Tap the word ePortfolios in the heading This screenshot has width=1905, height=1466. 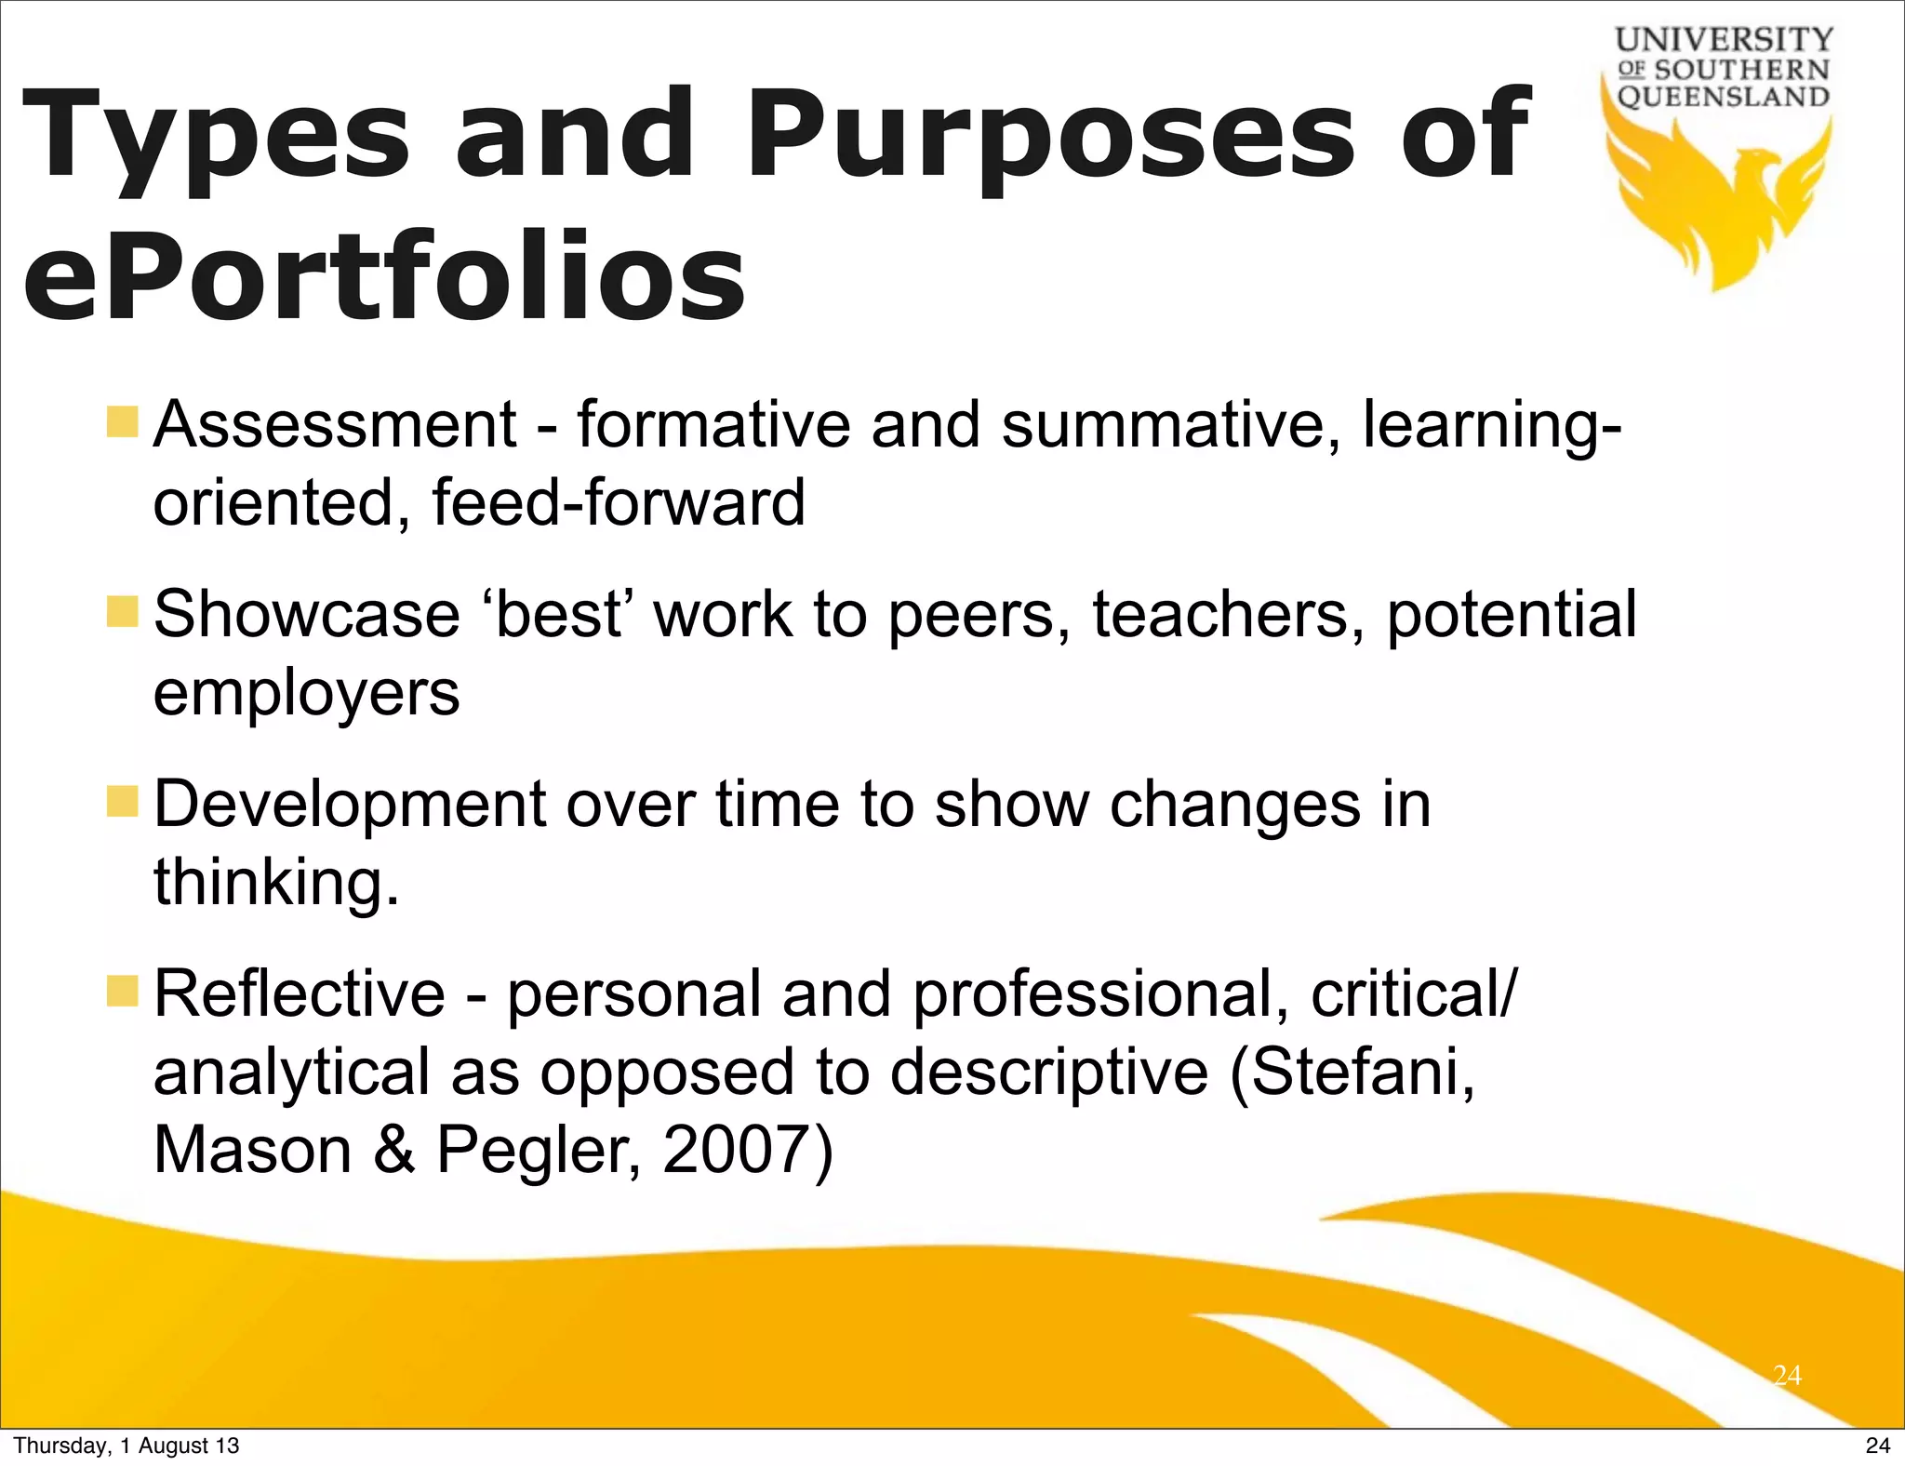click(383, 276)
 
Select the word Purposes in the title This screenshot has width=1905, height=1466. click(1051, 135)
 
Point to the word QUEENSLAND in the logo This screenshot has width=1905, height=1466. click(1724, 97)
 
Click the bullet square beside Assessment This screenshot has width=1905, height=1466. click(122, 422)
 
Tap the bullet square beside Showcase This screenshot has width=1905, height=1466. click(122, 612)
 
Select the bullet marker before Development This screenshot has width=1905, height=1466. click(122, 801)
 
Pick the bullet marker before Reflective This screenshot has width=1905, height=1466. click(122, 992)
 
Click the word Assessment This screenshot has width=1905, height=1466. click(335, 424)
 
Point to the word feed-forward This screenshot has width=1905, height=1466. click(619, 502)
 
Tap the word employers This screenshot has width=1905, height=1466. click(306, 694)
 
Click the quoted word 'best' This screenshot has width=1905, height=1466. click(558, 614)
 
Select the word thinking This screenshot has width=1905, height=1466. click(276, 882)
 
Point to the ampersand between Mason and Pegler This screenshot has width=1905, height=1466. click(394, 1150)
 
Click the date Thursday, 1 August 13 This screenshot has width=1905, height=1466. click(127, 1446)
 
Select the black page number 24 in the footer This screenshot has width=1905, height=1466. click(1877, 1446)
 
